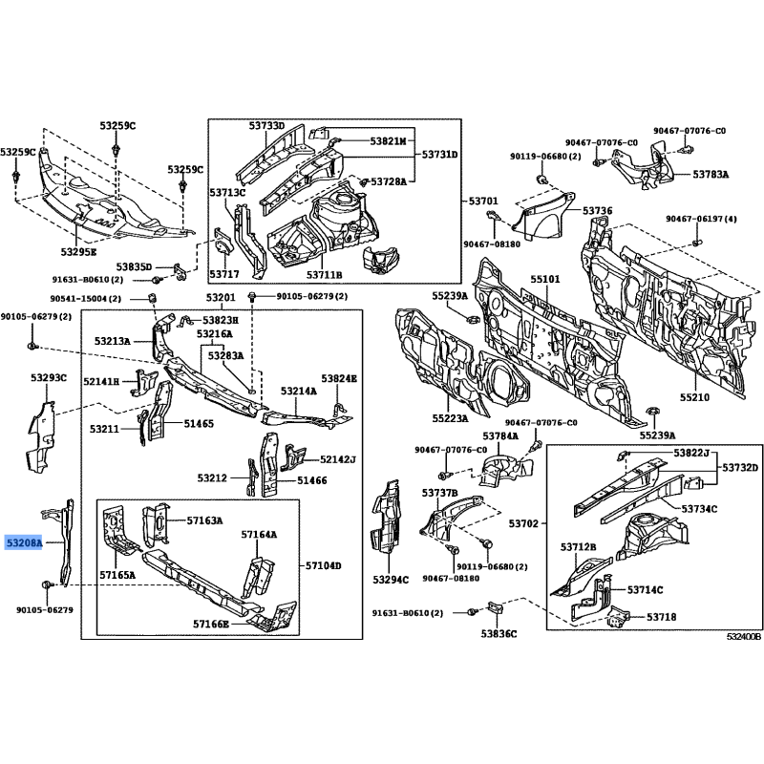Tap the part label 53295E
point(79,252)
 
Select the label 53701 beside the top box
point(483,201)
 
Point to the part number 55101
point(545,279)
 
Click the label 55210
point(695,397)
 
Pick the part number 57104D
point(324,565)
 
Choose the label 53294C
point(391,580)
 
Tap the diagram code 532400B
point(744,637)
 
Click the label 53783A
point(711,174)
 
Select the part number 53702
point(523,523)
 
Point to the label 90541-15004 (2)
point(86,299)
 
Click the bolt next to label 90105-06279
point(47,584)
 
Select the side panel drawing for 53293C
point(40,436)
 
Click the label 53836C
point(499,633)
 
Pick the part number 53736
point(598,210)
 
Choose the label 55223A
point(450,418)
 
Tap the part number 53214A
point(299,391)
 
